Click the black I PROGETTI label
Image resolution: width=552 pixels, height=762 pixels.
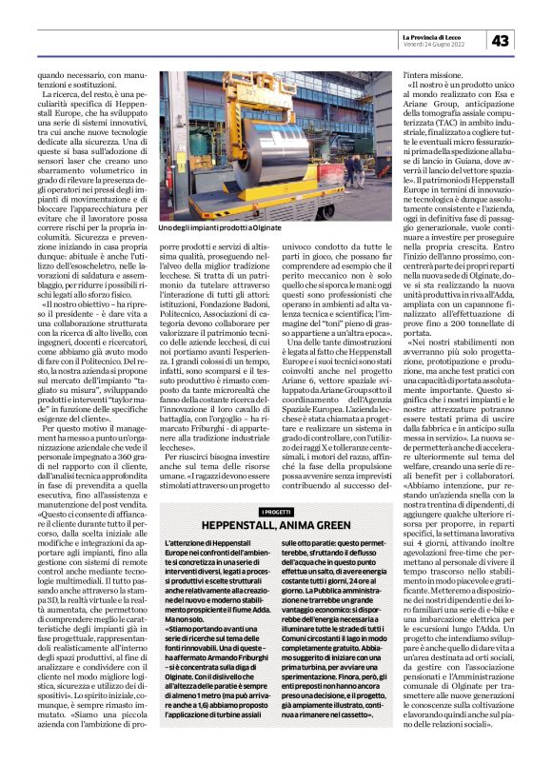pyautogui.click(x=276, y=512)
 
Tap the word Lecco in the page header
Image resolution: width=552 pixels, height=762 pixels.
pyautogui.click(x=468, y=35)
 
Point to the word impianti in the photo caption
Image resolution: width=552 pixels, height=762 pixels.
pyautogui.click(x=196, y=228)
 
